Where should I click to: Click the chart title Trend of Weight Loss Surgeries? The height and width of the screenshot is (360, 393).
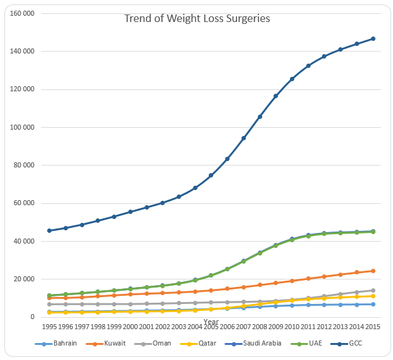[197, 18]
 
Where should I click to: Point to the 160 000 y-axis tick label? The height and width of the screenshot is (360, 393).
[22, 13]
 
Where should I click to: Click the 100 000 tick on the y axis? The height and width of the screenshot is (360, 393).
[22, 127]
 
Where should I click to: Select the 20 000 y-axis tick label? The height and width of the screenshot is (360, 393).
[25, 279]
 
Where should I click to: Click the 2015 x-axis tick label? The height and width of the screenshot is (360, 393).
[374, 327]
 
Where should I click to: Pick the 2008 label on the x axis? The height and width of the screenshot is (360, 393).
[260, 327]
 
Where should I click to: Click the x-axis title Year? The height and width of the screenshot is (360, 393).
[211, 322]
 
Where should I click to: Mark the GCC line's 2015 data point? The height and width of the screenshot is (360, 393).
[373, 38]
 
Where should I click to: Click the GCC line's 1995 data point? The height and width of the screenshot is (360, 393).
[49, 230]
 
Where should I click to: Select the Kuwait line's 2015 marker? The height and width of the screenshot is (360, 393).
[373, 271]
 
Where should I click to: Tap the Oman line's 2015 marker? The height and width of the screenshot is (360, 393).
[373, 290]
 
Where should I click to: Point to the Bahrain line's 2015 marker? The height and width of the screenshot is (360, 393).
[373, 304]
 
